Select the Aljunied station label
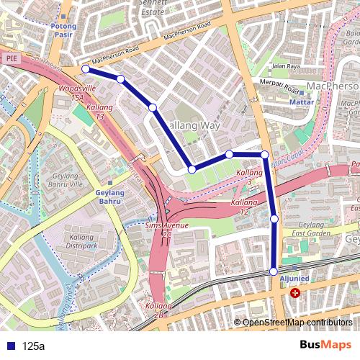tap(294, 279)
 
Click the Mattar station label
tap(302, 102)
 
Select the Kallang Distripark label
tap(86, 241)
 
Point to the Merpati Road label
tap(279, 86)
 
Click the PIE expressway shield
tap(11, 58)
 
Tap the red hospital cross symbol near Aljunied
tap(295, 293)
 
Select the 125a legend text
tap(33, 346)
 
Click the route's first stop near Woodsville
tap(85, 68)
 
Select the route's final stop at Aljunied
tap(274, 271)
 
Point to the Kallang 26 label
tap(158, 310)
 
